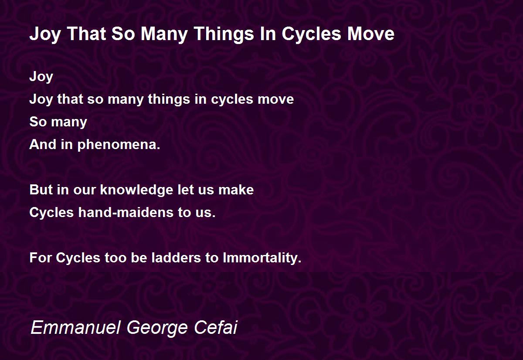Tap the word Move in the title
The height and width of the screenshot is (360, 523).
coord(371,34)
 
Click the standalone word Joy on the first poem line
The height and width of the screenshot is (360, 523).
coord(41,77)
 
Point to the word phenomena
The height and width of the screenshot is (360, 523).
coord(119,145)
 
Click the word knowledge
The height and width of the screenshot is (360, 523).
coord(136,190)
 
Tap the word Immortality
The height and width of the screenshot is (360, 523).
coord(262,258)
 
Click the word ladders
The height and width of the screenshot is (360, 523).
coord(176,258)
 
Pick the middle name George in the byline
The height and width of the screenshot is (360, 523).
coord(157,328)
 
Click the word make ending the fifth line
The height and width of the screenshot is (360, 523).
coord(236,190)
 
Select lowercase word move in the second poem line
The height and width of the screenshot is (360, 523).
coord(276,99)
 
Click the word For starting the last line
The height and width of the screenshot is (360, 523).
coord(41,258)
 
